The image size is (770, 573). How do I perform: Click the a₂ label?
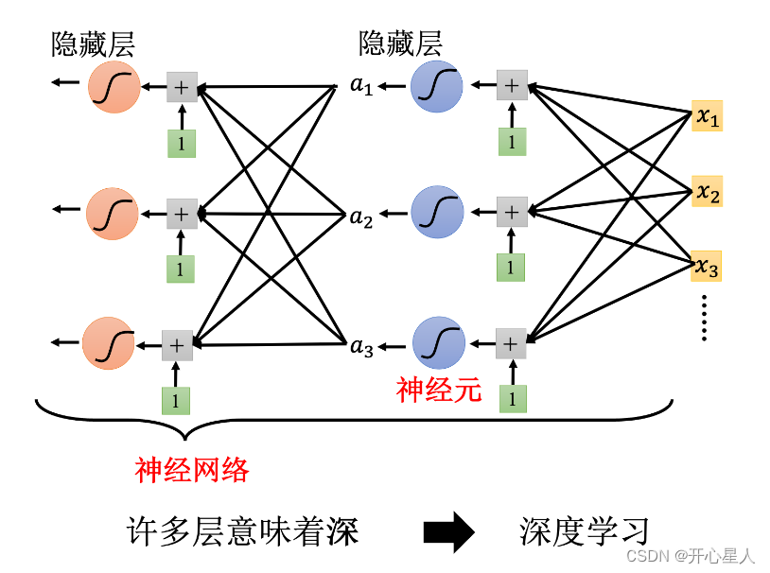(x=360, y=218)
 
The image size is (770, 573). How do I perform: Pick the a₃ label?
(x=361, y=347)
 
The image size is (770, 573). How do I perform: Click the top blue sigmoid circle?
(x=437, y=86)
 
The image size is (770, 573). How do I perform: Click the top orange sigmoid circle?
(x=114, y=86)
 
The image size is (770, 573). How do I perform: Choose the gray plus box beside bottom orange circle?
(x=176, y=345)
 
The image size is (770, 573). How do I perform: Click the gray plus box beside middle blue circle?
(x=512, y=213)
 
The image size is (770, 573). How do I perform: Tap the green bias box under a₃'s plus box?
(x=512, y=398)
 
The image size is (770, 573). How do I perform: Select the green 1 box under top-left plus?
(x=181, y=142)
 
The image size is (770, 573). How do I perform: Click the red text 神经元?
(x=440, y=389)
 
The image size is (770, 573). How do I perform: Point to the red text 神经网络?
(x=192, y=469)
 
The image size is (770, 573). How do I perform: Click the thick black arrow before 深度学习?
(x=448, y=532)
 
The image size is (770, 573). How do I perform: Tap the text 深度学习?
(x=584, y=530)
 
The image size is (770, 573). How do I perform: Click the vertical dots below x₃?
(x=705, y=318)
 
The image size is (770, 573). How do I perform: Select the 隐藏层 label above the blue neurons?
(x=400, y=43)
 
